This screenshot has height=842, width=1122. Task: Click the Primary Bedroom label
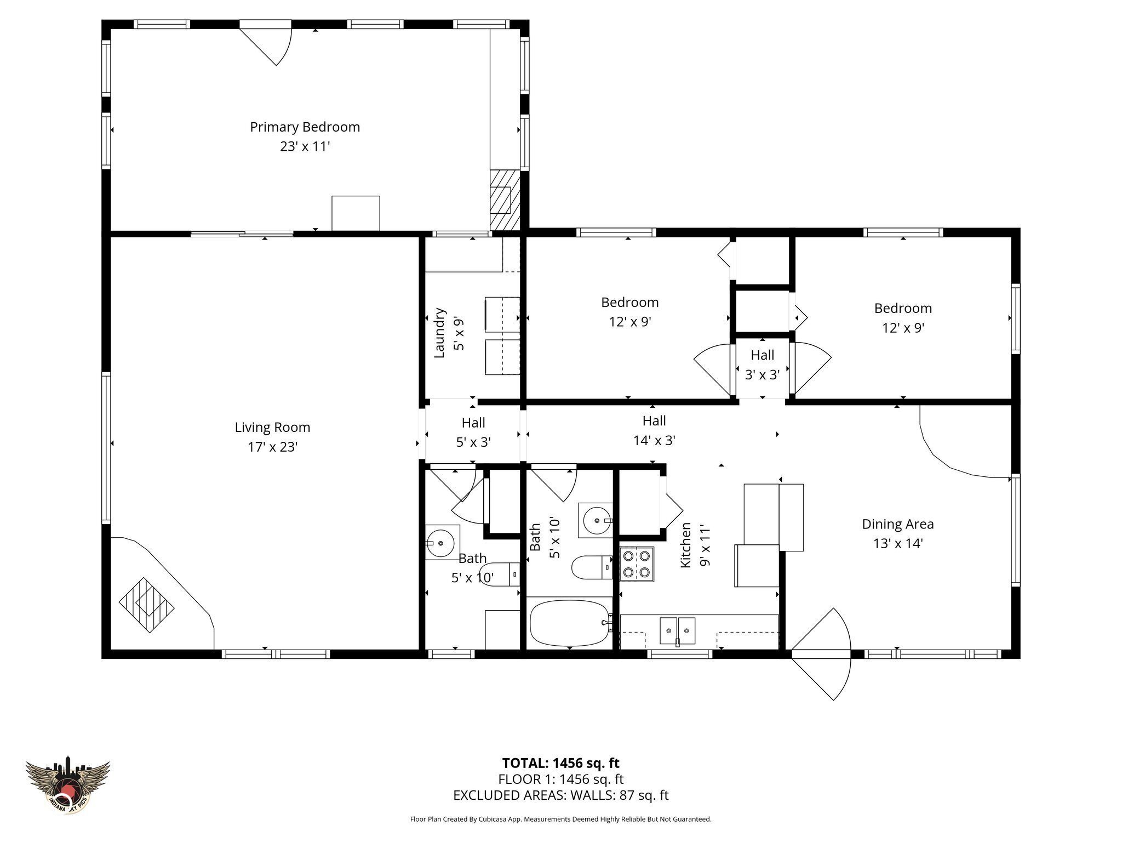coord(305,127)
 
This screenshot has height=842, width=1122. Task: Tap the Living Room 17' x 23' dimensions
coord(272,447)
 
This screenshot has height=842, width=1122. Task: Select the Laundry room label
coord(439,333)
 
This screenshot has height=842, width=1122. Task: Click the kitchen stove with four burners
coord(637,564)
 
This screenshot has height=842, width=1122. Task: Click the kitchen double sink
coord(677,630)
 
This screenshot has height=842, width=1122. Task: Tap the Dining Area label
coord(897,524)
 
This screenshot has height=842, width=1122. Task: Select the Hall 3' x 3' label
coord(762,365)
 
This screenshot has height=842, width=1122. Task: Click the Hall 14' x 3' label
coord(654,430)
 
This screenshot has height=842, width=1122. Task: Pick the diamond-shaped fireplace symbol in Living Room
coord(146,605)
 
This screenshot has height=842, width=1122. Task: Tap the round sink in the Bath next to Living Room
coord(442,543)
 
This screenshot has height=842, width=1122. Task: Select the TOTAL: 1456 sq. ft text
coord(560,763)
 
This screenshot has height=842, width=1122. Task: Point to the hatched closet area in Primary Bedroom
coord(504,201)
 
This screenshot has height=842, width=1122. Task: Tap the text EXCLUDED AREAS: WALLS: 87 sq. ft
coord(560,795)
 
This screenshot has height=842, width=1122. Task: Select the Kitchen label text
coord(685,545)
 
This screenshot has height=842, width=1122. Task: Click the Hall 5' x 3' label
coord(473,432)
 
